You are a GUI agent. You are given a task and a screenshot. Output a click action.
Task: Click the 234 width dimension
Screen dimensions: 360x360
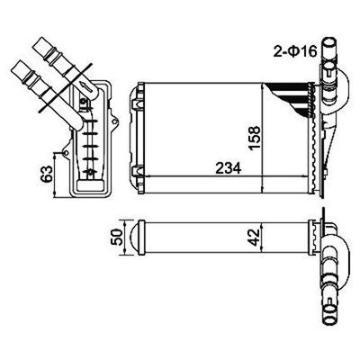tap(228, 168)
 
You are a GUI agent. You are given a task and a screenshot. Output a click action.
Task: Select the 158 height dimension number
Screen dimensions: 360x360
tap(254, 139)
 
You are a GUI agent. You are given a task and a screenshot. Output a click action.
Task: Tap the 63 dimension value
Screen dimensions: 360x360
tap(47, 174)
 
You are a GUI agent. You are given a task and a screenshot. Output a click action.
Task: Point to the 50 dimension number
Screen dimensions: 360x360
tap(117, 238)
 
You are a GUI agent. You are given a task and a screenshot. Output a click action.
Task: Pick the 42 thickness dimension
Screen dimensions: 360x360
tap(254, 238)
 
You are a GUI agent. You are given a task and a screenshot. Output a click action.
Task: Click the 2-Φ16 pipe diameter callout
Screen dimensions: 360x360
tap(295, 51)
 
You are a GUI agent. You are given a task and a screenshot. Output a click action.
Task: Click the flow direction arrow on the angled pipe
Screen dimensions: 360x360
tap(86, 85)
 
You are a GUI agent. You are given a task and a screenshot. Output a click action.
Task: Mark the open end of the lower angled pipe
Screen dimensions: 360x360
tap(17, 67)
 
